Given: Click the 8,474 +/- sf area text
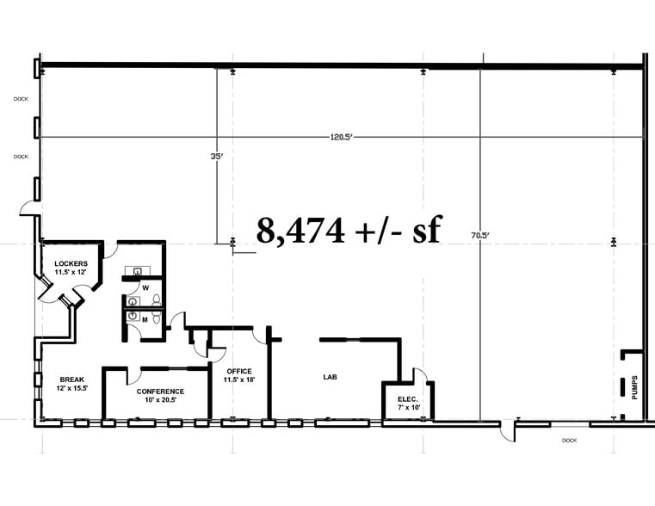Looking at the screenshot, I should [x=349, y=231].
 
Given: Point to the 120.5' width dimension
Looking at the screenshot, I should [x=343, y=137].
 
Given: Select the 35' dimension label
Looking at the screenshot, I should [x=216, y=157].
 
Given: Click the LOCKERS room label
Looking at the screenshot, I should [x=71, y=263].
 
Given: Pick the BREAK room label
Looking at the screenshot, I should [x=71, y=379].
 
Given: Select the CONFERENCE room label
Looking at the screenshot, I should [x=160, y=392].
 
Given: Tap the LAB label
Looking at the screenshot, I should [x=330, y=377].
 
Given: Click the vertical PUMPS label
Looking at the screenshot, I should [x=634, y=387].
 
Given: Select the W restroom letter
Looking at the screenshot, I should [x=145, y=287].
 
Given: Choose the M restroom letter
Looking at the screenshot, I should [x=145, y=319].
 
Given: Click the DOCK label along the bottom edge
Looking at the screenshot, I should [x=568, y=440].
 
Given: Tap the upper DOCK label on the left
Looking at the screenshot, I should [x=21, y=99].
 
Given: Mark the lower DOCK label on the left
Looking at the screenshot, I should [x=21, y=157].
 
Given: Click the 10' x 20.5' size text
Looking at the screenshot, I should [x=160, y=401].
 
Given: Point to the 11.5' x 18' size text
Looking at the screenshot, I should [x=240, y=379].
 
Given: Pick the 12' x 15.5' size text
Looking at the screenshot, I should [x=71, y=389].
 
